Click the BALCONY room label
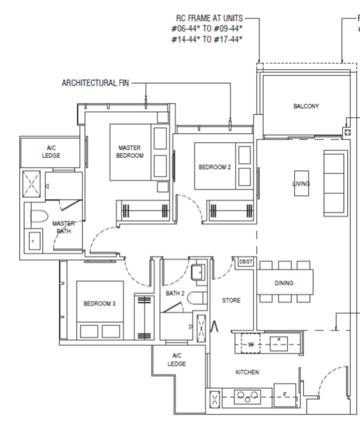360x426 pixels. [306, 106]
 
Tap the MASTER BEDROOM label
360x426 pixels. [130, 152]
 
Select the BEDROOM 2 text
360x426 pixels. [214, 167]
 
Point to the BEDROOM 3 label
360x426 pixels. [99, 303]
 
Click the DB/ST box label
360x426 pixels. [246, 262]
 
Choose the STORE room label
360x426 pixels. [231, 301]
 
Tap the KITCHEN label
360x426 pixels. [247, 372]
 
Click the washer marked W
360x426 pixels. [251, 343]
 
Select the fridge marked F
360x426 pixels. [285, 395]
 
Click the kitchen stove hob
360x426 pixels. [247, 397]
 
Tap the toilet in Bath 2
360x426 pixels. [197, 298]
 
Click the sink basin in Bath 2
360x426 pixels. [198, 272]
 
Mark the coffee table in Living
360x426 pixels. [301, 184]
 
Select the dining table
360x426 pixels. [285, 281]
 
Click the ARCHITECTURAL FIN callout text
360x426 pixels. [95, 83]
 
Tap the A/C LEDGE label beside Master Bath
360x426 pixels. [51, 152]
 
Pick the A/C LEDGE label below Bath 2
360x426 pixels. [176, 359]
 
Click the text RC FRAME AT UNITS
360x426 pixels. [209, 18]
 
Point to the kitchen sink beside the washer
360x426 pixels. [279, 343]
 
